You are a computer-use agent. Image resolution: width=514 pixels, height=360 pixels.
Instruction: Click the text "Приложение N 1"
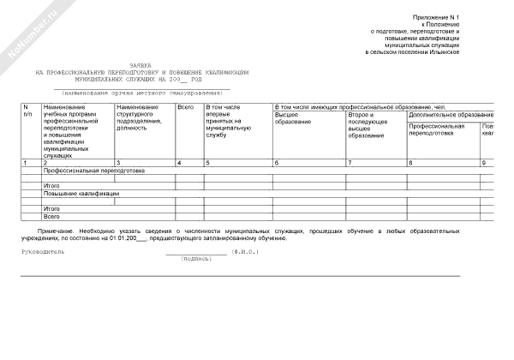(436, 16)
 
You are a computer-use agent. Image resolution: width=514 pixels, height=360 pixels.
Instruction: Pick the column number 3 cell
(117, 162)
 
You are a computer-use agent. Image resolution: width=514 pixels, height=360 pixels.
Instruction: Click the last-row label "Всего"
(51, 217)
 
